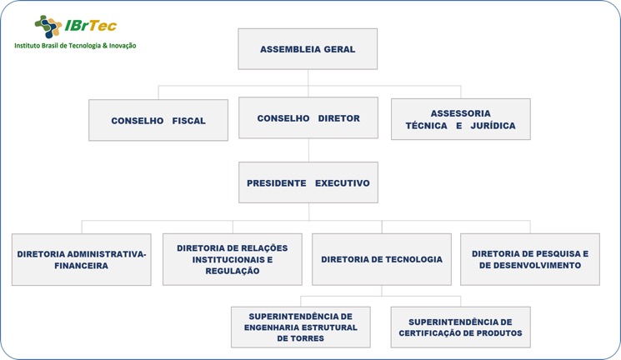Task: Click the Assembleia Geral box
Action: click(308, 49)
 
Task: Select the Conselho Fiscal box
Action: click(158, 120)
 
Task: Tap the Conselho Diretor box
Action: click(308, 118)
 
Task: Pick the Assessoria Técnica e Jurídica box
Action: click(461, 119)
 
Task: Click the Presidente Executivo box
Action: click(308, 182)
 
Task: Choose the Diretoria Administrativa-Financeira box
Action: click(82, 260)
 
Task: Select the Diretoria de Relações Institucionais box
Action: click(233, 259)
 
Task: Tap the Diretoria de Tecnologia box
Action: click(382, 259)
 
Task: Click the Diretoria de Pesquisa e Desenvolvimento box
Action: click(530, 259)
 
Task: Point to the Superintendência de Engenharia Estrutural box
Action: click(301, 327)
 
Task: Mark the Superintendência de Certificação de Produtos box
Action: click(461, 327)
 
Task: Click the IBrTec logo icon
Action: click(48, 27)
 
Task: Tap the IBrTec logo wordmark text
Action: click(91, 26)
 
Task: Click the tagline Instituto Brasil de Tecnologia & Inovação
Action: click(75, 46)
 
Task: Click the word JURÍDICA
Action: click(493, 126)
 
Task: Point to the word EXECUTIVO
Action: click(343, 183)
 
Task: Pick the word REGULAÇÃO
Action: click(233, 271)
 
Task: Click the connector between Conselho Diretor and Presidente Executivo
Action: click(308, 151)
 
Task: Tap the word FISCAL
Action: click(189, 121)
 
